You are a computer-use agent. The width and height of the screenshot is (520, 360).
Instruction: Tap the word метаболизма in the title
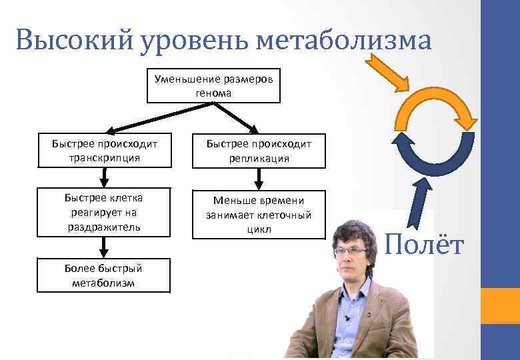[343, 41]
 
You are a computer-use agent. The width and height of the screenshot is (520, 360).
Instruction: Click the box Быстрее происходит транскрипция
[103, 151]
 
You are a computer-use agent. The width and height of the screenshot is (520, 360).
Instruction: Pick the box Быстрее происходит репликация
[259, 151]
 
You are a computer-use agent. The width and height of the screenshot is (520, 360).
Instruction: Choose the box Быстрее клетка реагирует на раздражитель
[103, 213]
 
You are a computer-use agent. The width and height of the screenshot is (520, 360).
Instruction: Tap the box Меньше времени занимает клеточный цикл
[259, 215]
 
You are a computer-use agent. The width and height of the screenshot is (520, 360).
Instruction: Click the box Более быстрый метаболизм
[103, 275]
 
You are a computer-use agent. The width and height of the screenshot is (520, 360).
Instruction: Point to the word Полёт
[424, 245]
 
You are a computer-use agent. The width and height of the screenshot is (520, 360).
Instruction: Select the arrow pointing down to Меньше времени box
[259, 178]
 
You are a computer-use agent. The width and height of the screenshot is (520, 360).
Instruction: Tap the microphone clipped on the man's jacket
[347, 319]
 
